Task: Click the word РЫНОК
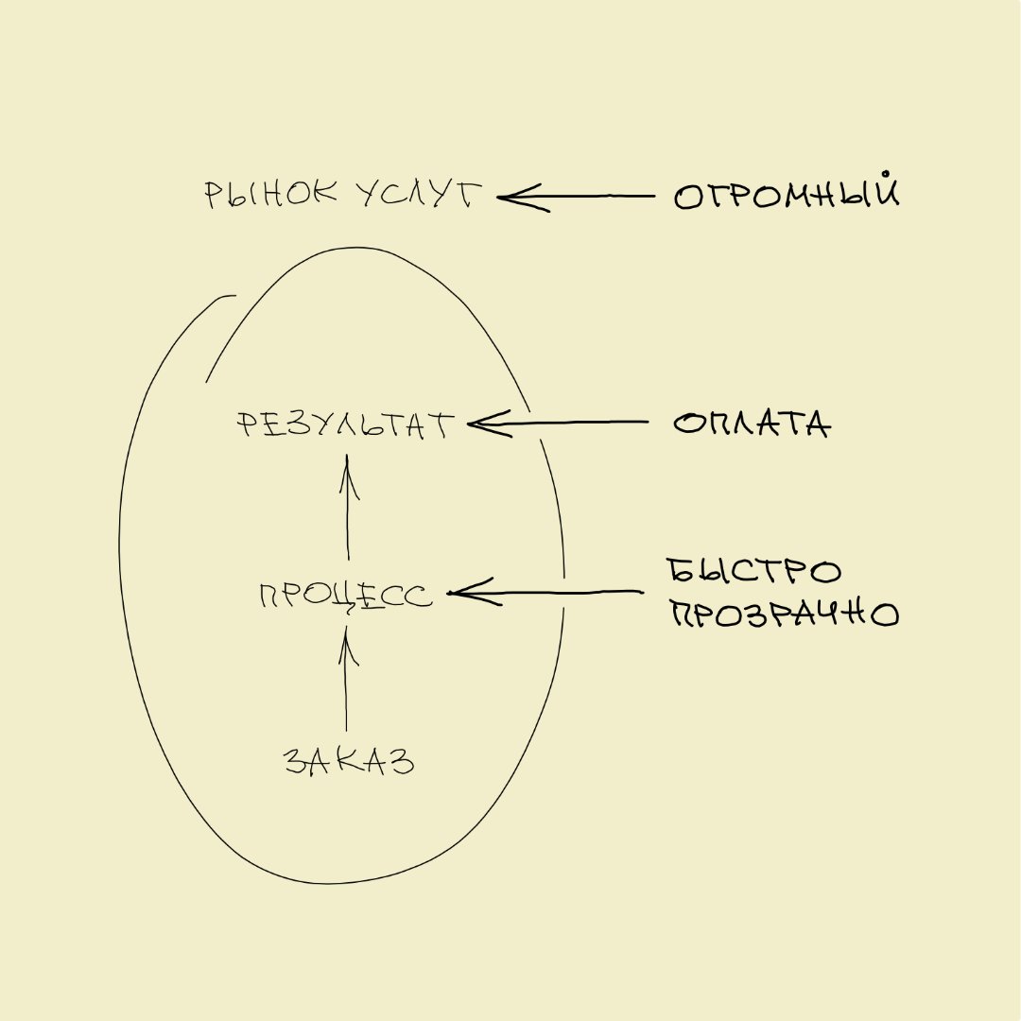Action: (x=271, y=194)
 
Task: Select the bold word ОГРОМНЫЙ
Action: (x=787, y=191)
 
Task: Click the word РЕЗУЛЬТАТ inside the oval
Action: (x=344, y=425)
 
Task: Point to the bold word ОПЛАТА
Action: (x=753, y=424)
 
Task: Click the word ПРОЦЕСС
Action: (x=345, y=596)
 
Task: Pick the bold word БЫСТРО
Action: (x=754, y=571)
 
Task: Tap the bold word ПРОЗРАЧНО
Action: (x=785, y=614)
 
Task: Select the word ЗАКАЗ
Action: (x=349, y=760)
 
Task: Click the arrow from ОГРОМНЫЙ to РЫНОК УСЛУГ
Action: (x=576, y=196)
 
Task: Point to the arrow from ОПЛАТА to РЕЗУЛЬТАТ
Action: (x=558, y=424)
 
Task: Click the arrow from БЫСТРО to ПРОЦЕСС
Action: (x=545, y=593)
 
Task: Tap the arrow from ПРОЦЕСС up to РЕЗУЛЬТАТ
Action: (x=347, y=507)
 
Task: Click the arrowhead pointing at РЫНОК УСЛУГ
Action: (x=521, y=197)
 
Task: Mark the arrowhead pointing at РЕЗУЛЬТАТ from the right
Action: (x=489, y=424)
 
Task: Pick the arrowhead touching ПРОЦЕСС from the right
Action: (x=474, y=593)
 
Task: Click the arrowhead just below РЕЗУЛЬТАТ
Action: (x=348, y=476)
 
